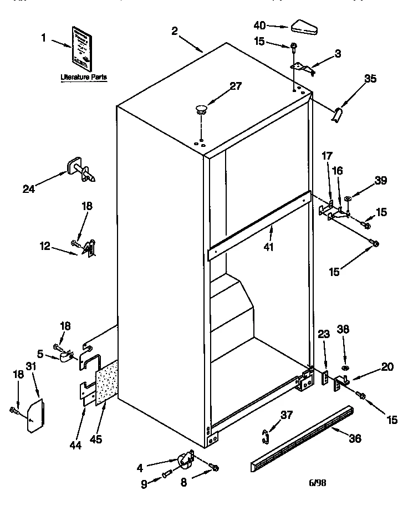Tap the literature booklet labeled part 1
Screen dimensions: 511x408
[x=81, y=45]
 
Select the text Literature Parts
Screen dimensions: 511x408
[x=84, y=78]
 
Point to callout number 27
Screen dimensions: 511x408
[x=236, y=85]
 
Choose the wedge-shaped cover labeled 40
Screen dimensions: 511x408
[x=302, y=25]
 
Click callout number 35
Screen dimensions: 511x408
[x=370, y=79]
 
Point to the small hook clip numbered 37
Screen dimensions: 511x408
[x=267, y=436]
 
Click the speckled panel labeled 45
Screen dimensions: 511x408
[x=109, y=383]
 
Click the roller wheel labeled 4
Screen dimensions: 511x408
[x=183, y=459]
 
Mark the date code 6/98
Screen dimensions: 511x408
[x=317, y=483]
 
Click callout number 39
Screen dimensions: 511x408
[x=380, y=180]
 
